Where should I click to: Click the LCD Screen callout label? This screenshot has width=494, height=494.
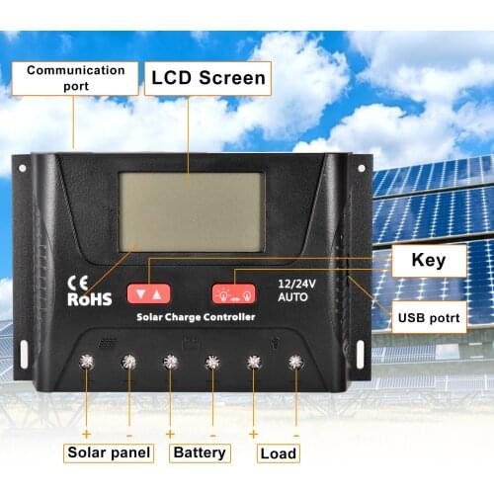coord(207,78)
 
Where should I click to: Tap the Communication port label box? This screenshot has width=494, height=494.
coord(75,78)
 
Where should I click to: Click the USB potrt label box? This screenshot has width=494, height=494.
coord(430,318)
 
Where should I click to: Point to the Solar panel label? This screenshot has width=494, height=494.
coord(110,453)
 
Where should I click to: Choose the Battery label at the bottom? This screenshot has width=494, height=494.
coord(200,453)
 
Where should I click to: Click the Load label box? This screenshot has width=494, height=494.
coord(278,453)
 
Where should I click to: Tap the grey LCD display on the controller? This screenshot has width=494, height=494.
coord(191,211)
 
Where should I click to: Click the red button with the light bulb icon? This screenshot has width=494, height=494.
coord(233,293)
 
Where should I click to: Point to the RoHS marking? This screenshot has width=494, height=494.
coord(89,298)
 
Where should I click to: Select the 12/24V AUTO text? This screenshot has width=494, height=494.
coord(293,288)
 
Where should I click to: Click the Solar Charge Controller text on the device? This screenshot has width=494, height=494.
coord(196,317)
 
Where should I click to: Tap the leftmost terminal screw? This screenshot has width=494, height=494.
coord(87,363)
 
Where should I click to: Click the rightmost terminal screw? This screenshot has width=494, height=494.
coord(294,363)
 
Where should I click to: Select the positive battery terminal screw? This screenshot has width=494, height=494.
coord(170,363)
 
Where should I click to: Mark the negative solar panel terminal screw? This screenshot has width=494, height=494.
coord(128,363)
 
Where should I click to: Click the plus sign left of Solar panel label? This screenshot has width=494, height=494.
coord(86,435)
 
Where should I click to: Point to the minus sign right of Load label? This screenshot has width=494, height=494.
coord(295,435)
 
